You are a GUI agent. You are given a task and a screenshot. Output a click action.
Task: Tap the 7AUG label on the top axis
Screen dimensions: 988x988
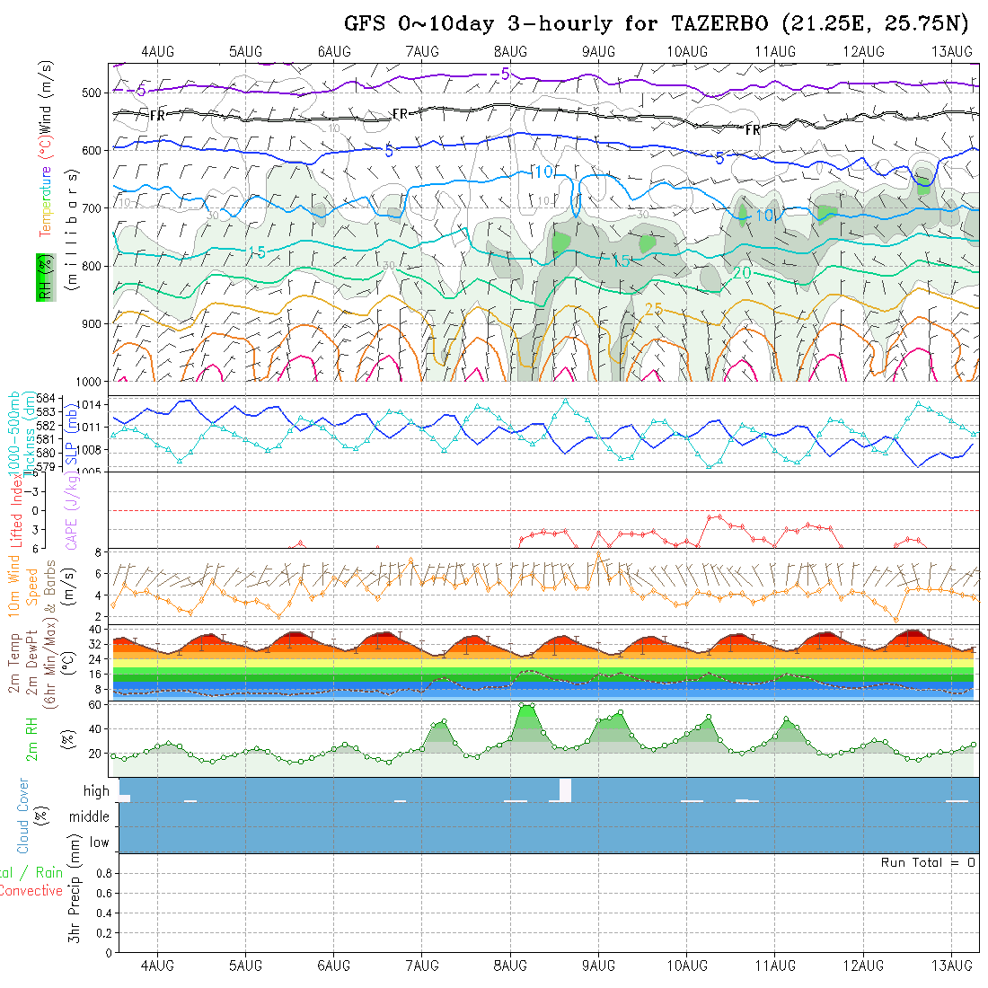point(422,52)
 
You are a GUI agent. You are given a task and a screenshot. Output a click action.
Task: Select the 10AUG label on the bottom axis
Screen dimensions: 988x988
point(686,966)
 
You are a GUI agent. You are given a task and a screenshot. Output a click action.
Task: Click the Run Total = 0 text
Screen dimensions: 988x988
point(928,862)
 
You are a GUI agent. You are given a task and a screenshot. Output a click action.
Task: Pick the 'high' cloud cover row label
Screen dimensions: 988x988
point(96,791)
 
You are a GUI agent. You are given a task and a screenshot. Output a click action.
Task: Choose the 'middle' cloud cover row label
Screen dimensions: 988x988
point(90,817)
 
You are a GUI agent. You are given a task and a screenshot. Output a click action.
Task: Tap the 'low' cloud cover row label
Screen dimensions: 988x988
point(99,842)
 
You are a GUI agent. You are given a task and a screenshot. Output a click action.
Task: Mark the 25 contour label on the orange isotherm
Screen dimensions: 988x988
point(654,310)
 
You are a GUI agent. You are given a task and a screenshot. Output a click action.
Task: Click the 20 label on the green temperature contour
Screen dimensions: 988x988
point(742,272)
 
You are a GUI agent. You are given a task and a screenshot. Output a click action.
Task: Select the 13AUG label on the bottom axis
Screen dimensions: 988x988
point(951,966)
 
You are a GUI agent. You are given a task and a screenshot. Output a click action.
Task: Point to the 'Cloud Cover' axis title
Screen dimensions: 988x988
point(22,816)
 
